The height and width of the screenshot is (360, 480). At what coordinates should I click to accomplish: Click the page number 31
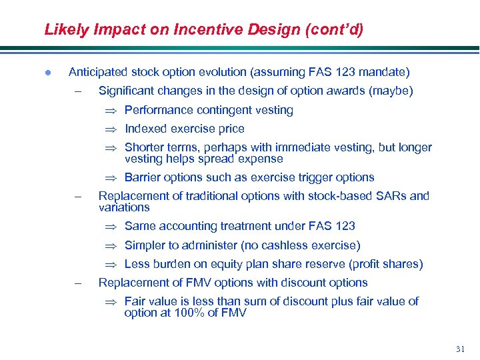tap(460, 349)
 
